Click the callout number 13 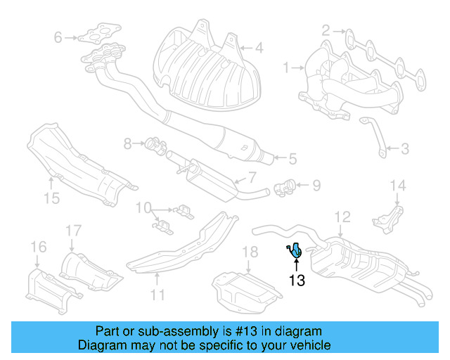coord(297,281)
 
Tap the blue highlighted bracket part coord(296,250)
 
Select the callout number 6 coord(58,37)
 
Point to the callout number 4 coord(259,49)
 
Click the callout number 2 coord(326,30)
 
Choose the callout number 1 coord(286,67)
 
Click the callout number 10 coord(143,207)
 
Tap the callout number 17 coord(74,230)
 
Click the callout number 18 coord(250,252)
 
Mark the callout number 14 coord(398,186)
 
